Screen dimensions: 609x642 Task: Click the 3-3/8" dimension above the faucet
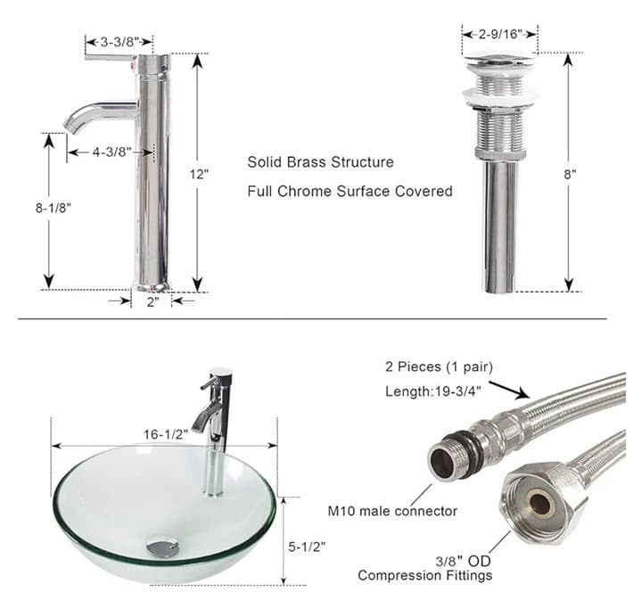119,41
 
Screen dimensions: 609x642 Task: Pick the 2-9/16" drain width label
499,34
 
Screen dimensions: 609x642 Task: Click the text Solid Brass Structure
320,162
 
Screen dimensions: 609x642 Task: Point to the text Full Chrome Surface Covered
350,191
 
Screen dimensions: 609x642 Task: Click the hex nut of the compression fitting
541,505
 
